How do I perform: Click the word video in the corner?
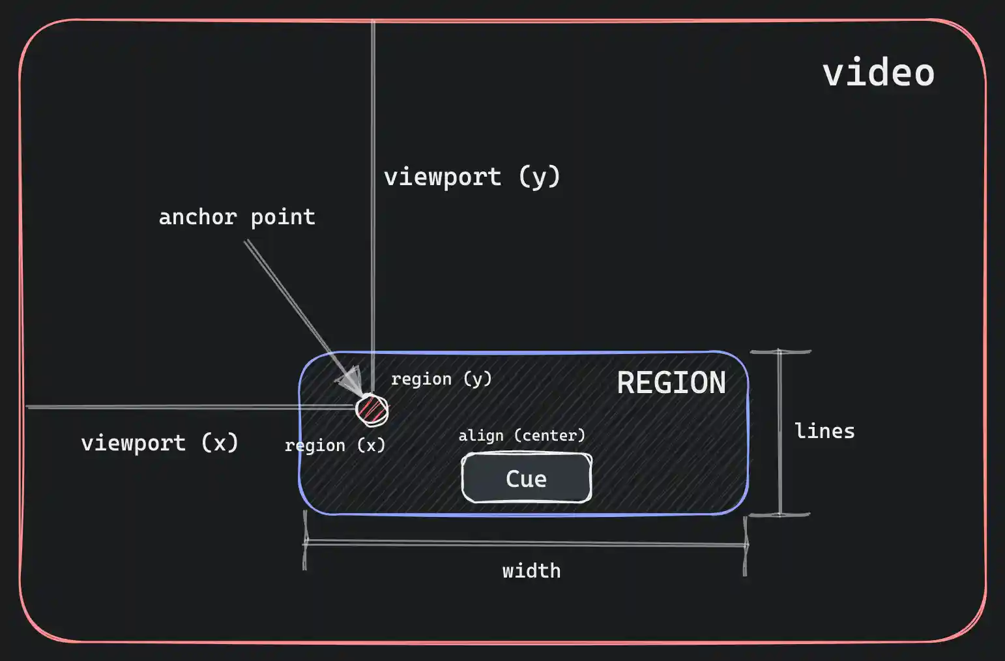pyautogui.click(x=878, y=72)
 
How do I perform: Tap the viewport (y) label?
pyautogui.click(x=472, y=177)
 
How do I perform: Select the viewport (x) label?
pyautogui.click(x=160, y=443)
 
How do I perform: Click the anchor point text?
pyautogui.click(x=237, y=217)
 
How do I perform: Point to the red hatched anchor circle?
pyautogui.click(x=371, y=410)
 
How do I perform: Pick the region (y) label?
pyautogui.click(x=441, y=379)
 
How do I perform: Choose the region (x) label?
pyautogui.click(x=335, y=445)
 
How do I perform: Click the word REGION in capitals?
pyautogui.click(x=671, y=383)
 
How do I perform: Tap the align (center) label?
pyautogui.click(x=521, y=435)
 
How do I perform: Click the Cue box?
pyautogui.click(x=527, y=478)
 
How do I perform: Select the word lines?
pyautogui.click(x=824, y=431)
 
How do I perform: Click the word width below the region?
pyautogui.click(x=531, y=571)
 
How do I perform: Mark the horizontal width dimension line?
pyautogui.click(x=525, y=542)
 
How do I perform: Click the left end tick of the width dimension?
pyautogui.click(x=305, y=541)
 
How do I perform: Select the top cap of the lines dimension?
pyautogui.click(x=780, y=352)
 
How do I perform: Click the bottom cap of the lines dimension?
pyautogui.click(x=779, y=514)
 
